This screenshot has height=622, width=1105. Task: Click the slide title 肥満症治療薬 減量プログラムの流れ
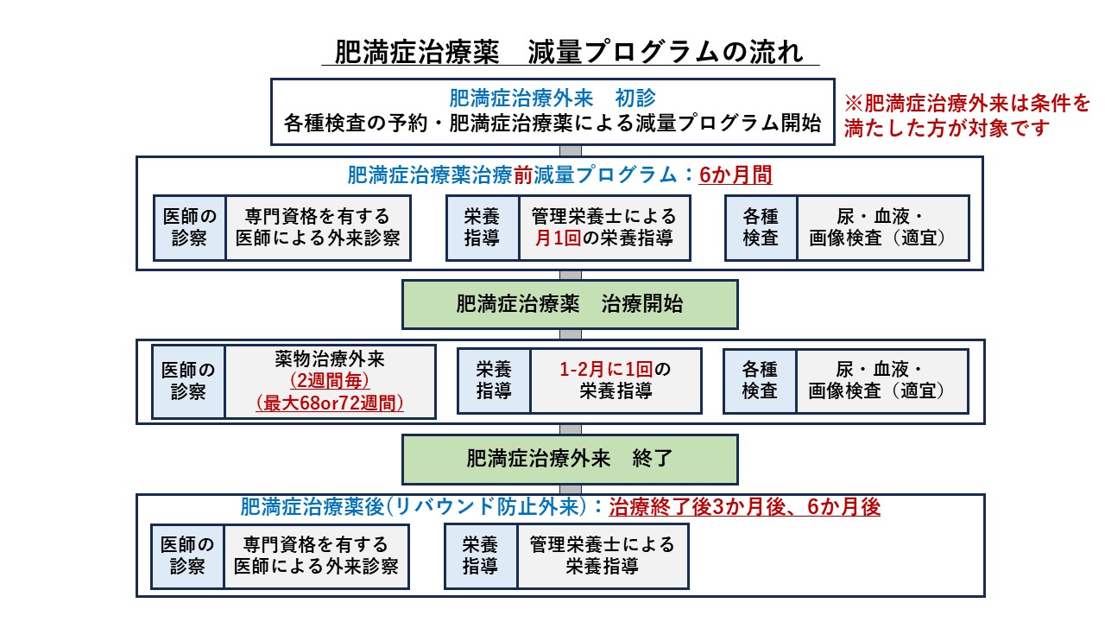pyautogui.click(x=570, y=53)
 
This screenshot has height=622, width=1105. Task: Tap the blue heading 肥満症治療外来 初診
pyautogui.click(x=552, y=98)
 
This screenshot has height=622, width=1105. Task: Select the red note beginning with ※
pyautogui.click(x=967, y=116)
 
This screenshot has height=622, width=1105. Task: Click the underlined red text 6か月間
pyautogui.click(x=736, y=175)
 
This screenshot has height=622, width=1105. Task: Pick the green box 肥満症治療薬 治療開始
pyautogui.click(x=570, y=305)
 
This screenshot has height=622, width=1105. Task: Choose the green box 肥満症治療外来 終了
pyautogui.click(x=570, y=459)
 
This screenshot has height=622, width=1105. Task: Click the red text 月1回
pyautogui.click(x=558, y=238)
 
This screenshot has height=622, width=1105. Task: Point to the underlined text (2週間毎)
pyautogui.click(x=330, y=381)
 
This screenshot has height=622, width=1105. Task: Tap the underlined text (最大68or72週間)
pyautogui.click(x=330, y=403)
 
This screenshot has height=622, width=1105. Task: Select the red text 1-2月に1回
pyautogui.click(x=606, y=369)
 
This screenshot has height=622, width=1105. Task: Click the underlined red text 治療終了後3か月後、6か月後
pyautogui.click(x=745, y=507)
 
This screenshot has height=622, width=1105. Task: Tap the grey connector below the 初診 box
pyautogui.click(x=571, y=150)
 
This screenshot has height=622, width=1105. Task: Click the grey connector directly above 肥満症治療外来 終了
pyautogui.click(x=571, y=429)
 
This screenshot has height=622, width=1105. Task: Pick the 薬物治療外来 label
pyautogui.click(x=330, y=359)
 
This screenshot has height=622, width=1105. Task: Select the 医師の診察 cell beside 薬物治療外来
pyautogui.click(x=188, y=382)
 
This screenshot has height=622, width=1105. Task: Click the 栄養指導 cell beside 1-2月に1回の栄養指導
pyautogui.click(x=494, y=381)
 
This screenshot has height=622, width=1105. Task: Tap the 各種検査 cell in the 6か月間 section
pyautogui.click(x=761, y=227)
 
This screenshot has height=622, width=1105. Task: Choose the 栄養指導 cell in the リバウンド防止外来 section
pyautogui.click(x=481, y=556)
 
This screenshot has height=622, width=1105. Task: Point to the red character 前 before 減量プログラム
pyautogui.click(x=523, y=175)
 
